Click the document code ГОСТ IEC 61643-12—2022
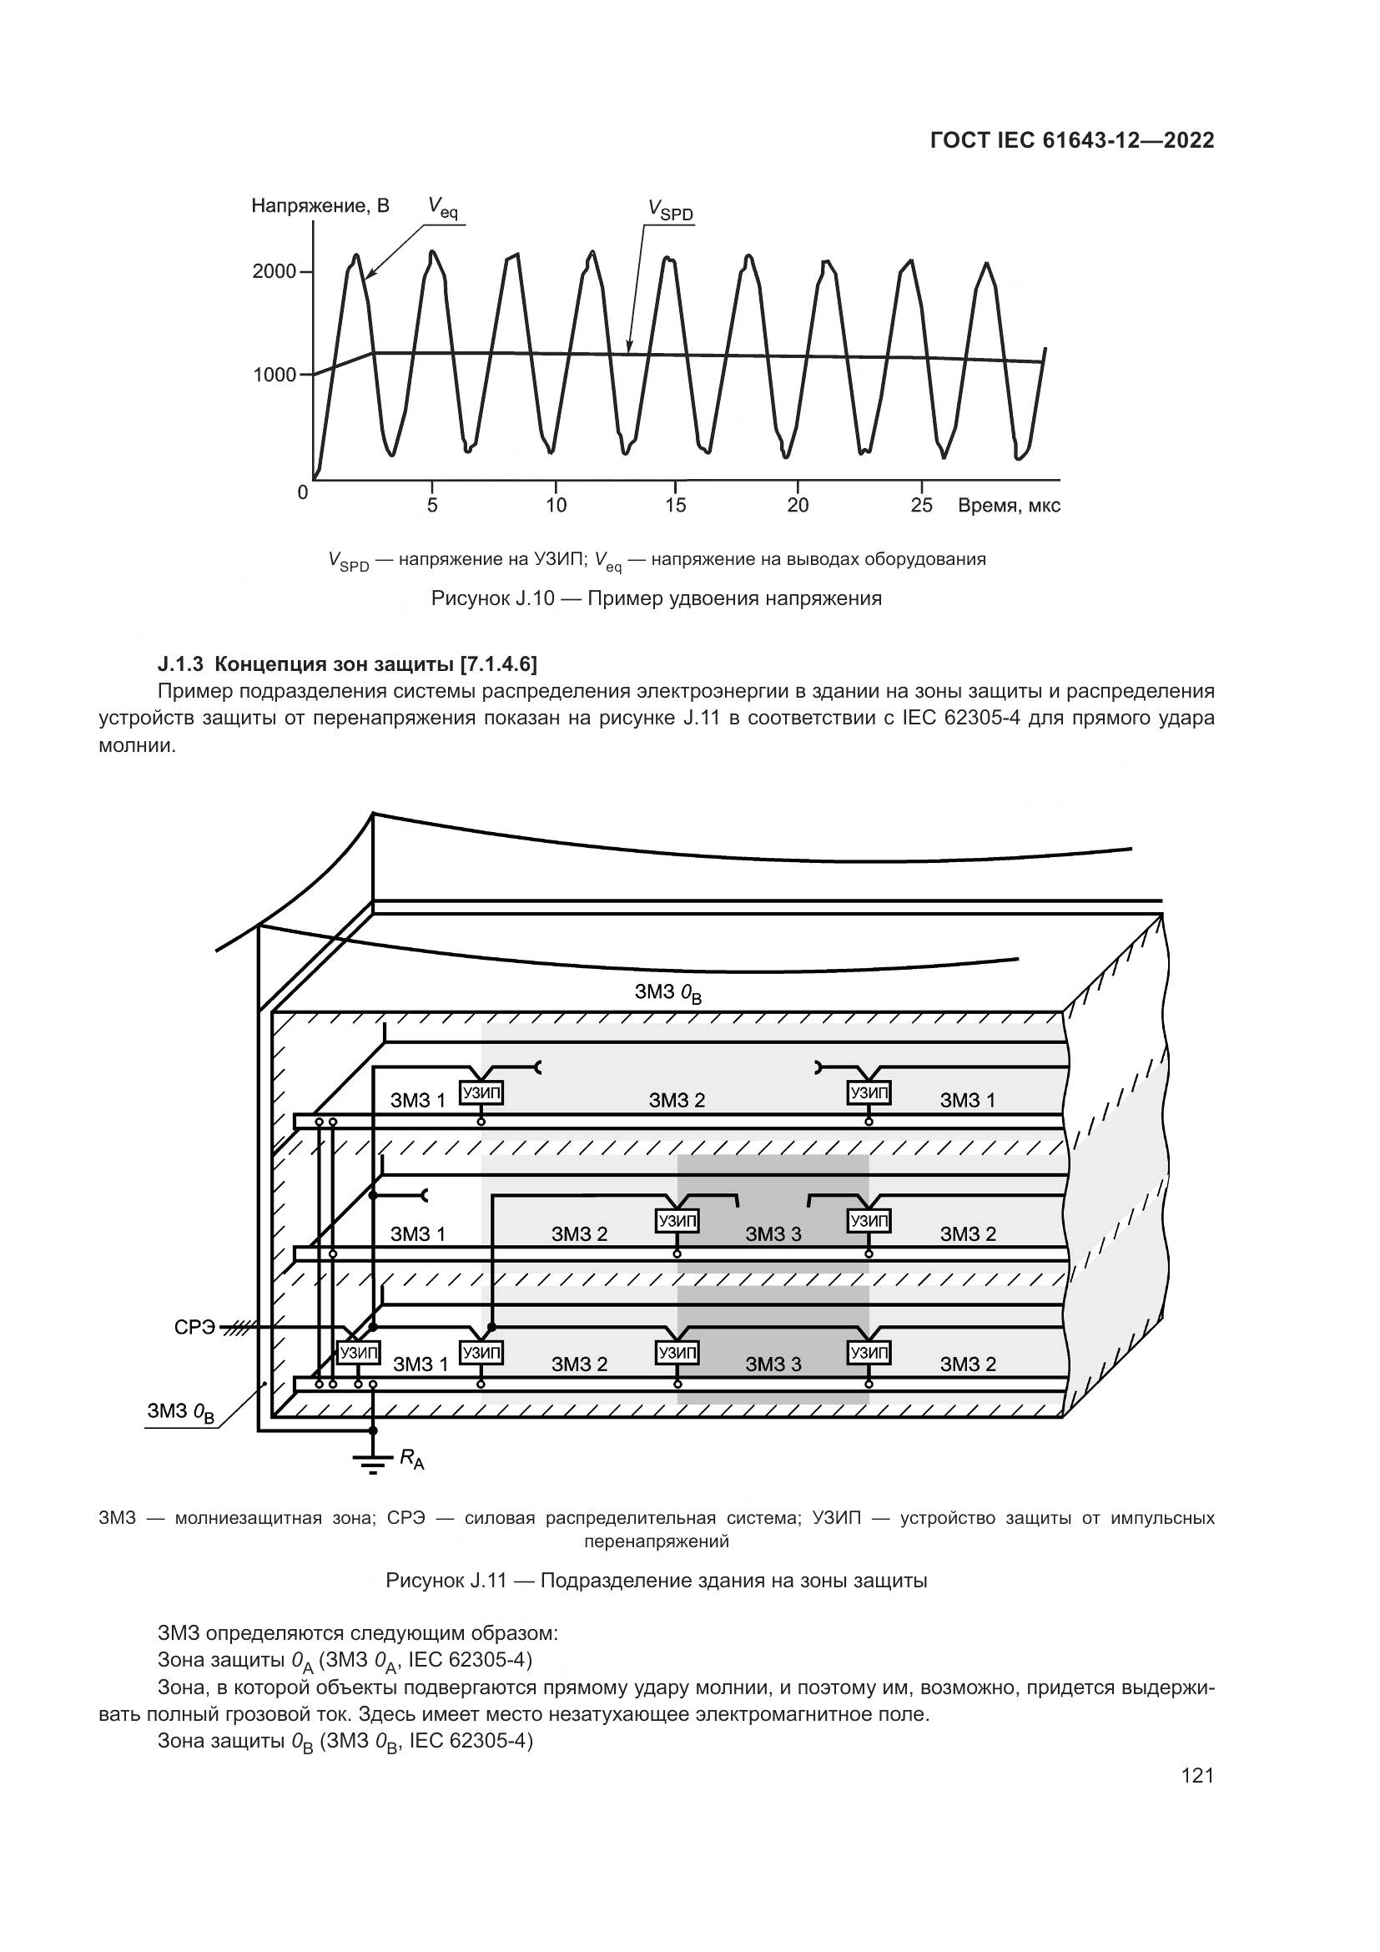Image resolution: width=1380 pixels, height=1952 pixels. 1071,140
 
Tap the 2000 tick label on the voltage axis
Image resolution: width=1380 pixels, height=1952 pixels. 274,272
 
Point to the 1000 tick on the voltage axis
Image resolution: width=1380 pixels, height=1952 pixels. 274,375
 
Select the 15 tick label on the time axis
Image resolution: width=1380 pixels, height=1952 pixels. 676,505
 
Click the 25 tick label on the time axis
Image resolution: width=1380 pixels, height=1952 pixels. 921,505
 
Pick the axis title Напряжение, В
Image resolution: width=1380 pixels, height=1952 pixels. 320,206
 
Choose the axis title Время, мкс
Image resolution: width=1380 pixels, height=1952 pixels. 1009,506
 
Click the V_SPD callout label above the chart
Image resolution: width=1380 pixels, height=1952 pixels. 671,210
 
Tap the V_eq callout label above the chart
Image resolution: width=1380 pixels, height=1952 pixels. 443,207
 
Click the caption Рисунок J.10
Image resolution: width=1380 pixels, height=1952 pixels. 656,598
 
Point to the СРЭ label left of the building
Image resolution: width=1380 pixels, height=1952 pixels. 194,1327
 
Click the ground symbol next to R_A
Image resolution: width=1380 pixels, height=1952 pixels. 372,1462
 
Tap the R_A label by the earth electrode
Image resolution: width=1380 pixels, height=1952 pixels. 411,1460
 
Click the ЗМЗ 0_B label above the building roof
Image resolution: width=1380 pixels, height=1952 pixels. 668,993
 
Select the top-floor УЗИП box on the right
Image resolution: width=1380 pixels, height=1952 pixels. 869,1092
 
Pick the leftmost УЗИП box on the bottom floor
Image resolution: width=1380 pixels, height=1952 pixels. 359,1352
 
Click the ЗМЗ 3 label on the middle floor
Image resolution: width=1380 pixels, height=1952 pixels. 773,1233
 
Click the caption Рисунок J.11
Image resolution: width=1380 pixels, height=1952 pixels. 656,1581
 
